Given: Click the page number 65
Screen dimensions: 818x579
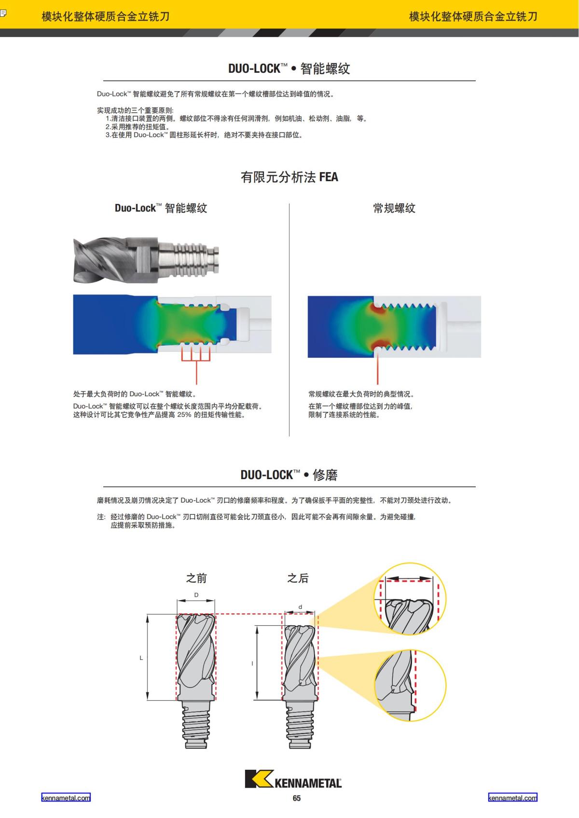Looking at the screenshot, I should [x=296, y=798].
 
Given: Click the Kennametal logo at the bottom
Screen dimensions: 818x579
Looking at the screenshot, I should [x=293, y=779].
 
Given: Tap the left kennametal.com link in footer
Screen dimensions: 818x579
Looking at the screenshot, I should [x=66, y=798].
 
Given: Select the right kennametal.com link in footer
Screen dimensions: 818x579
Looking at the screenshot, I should [x=512, y=798].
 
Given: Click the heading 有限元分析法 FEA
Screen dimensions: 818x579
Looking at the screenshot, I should [x=289, y=177].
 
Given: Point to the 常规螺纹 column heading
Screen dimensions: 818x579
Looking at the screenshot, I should [x=394, y=208].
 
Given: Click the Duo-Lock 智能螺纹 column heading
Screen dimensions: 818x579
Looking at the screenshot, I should [x=161, y=208].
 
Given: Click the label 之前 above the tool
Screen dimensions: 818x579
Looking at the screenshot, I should [x=196, y=578].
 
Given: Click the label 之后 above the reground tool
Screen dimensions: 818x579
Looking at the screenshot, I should [x=298, y=578].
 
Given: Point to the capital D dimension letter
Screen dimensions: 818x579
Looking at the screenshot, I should [x=196, y=595].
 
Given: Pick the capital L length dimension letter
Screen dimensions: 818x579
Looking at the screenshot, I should [x=141, y=658].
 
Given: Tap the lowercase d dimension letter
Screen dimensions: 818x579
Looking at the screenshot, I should [x=300, y=607].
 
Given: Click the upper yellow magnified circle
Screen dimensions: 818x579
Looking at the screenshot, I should [x=410, y=599].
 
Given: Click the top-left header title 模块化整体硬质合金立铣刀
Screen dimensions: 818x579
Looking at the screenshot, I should [x=106, y=16].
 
